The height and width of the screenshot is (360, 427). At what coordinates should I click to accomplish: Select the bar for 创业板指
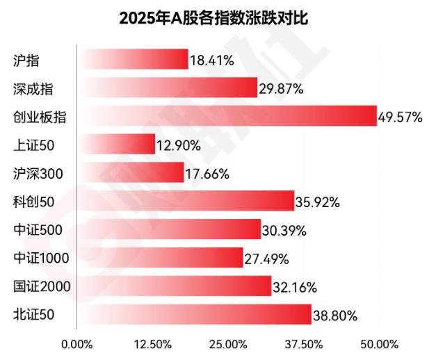click(x=227, y=116)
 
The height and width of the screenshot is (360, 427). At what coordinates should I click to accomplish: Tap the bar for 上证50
click(x=116, y=145)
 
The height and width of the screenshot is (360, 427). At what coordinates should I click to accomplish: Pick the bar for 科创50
click(x=186, y=202)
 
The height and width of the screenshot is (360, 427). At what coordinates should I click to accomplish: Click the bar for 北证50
click(x=194, y=315)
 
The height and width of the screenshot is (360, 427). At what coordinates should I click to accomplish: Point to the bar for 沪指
click(x=132, y=59)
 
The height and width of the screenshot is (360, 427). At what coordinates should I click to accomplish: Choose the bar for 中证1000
click(x=160, y=258)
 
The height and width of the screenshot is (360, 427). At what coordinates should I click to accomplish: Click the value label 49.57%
click(x=399, y=117)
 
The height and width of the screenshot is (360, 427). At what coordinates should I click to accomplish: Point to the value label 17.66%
click(x=207, y=174)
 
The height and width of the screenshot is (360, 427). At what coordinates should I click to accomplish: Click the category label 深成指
click(x=33, y=88)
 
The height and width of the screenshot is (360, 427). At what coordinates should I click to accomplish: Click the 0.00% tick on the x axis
click(x=76, y=343)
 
